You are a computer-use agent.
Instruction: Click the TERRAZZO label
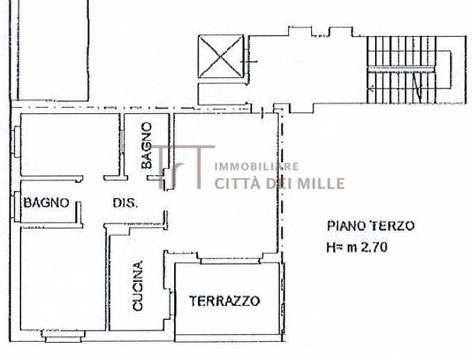pyautogui.click(x=224, y=301)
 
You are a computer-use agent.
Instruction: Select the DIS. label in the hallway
pyautogui.click(x=124, y=202)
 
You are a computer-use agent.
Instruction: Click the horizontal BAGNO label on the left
pyautogui.click(x=46, y=202)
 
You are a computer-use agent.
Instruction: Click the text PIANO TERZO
pyautogui.click(x=370, y=225)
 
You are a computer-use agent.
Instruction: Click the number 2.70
pyautogui.click(x=377, y=249)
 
